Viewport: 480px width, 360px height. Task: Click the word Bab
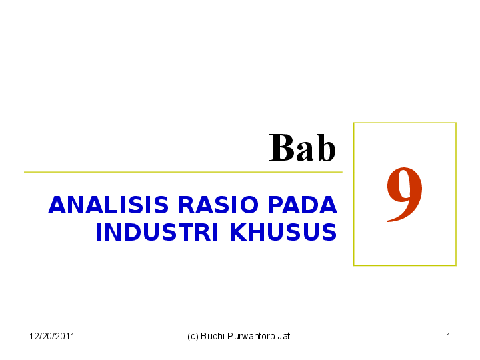[x=303, y=148]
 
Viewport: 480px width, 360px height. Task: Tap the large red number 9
[x=404, y=193]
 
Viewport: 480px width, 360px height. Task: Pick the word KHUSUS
[x=283, y=233]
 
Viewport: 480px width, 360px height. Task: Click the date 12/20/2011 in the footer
[x=52, y=336]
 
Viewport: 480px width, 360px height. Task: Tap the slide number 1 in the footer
[x=449, y=336]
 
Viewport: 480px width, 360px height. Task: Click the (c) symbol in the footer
[x=193, y=336]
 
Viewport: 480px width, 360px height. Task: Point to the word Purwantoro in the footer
[x=251, y=336]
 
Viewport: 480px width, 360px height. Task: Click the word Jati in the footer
[x=285, y=336]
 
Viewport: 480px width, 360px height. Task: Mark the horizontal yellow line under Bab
[x=183, y=172]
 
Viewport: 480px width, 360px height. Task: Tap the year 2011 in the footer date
[x=65, y=336]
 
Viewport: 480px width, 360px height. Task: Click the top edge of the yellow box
[x=405, y=123]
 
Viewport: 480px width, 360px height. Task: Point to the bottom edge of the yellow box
[x=405, y=265]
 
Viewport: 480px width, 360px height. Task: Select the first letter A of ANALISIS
[x=55, y=205]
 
